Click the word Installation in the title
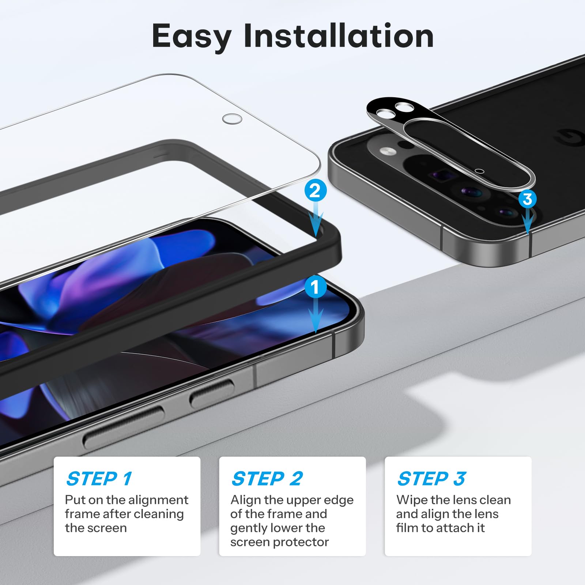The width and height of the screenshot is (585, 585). (x=338, y=36)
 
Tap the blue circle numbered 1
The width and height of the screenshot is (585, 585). (x=315, y=287)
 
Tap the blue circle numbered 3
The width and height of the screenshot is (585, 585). (x=527, y=199)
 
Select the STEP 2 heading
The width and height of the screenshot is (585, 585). (x=267, y=479)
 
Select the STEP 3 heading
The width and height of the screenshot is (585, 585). (x=431, y=479)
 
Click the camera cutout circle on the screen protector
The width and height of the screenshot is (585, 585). (x=232, y=119)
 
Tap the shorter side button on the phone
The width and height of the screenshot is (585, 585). (x=212, y=393)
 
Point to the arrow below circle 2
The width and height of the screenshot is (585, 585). (x=316, y=219)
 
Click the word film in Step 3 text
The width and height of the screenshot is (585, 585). (x=405, y=528)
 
